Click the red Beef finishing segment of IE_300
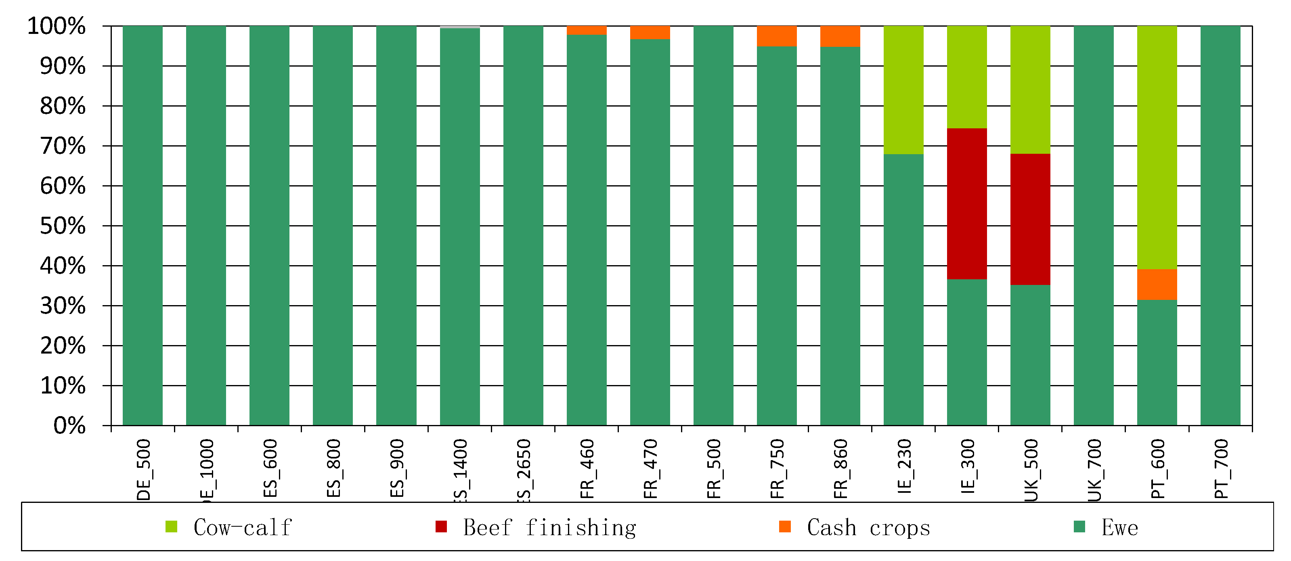pyautogui.click(x=966, y=203)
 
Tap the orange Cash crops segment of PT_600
pyautogui.click(x=1157, y=284)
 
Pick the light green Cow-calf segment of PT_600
pyautogui.click(x=1157, y=147)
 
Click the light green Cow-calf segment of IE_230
pyautogui.click(x=903, y=90)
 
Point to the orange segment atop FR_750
pyautogui.click(x=776, y=36)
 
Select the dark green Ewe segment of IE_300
pyautogui.click(x=966, y=352)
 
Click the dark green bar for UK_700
pyautogui.click(x=1093, y=225)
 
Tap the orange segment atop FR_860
pyautogui.click(x=840, y=36)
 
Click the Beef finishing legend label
pyautogui.click(x=549, y=528)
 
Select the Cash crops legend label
pyautogui.click(x=868, y=528)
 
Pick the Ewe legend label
pyautogui.click(x=1119, y=528)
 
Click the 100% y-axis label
pyautogui.click(x=56, y=26)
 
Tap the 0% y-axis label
pyautogui.click(x=69, y=426)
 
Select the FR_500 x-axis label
pyautogui.click(x=714, y=468)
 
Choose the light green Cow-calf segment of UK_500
pyautogui.click(x=1030, y=90)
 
